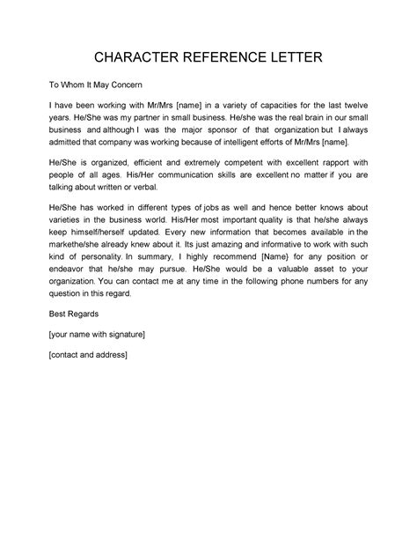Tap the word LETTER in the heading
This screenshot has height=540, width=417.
[x=301, y=58]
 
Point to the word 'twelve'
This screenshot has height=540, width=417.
[x=376, y=104]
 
